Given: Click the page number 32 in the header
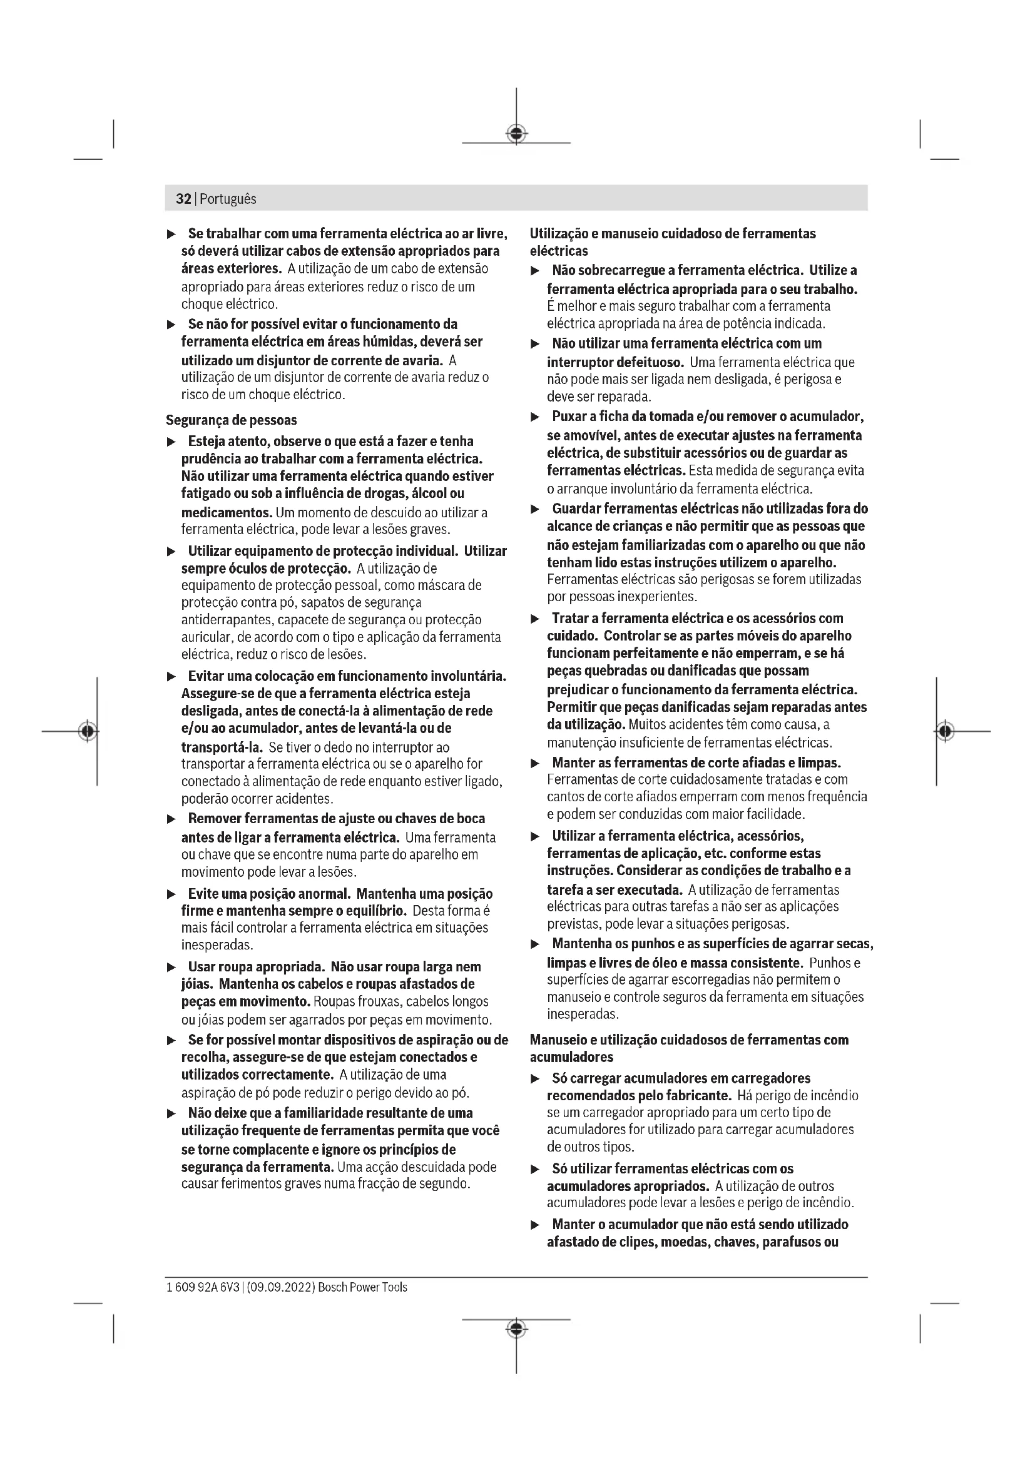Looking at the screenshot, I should (x=183, y=199).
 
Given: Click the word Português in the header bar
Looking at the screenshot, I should (x=228, y=199).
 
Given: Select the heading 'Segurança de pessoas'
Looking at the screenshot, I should (x=232, y=420).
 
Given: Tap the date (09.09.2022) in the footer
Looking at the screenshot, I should (x=279, y=1287).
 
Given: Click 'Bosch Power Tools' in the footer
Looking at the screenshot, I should (x=363, y=1287).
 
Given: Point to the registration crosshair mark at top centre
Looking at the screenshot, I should (x=516, y=134).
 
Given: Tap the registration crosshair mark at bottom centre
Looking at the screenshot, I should (x=516, y=1329).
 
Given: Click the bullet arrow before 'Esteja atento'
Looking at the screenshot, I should (x=171, y=442).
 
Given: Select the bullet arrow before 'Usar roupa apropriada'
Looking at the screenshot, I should (x=171, y=967).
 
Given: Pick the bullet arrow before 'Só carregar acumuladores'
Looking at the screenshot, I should (x=536, y=1079).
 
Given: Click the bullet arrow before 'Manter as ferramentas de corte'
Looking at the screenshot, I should (x=536, y=762).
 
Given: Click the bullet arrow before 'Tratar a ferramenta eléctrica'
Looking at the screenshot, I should (x=536, y=619).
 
